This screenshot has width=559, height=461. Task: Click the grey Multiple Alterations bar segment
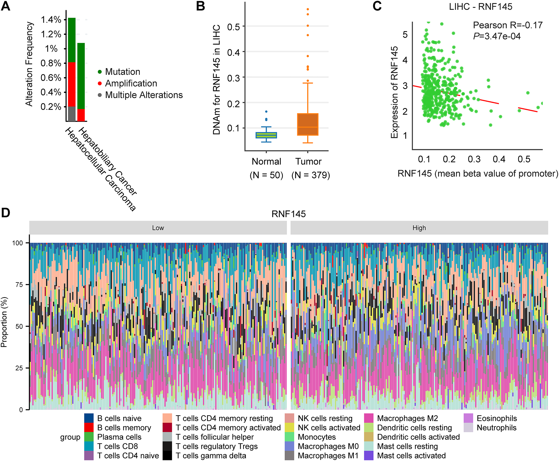pyautogui.click(x=72, y=114)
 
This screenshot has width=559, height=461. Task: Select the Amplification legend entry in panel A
pyautogui.click(x=131, y=83)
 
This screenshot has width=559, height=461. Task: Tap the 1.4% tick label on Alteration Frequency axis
pyautogui.click(x=51, y=20)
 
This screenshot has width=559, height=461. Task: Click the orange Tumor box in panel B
pyautogui.click(x=308, y=124)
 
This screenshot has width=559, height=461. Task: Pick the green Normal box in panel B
pyautogui.click(x=266, y=135)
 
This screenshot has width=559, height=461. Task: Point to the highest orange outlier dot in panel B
pyautogui.click(x=308, y=9)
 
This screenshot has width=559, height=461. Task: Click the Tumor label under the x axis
pyautogui.click(x=308, y=161)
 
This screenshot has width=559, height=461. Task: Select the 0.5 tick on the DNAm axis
pyautogui.click(x=233, y=27)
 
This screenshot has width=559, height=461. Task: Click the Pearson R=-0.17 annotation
pyautogui.click(x=507, y=25)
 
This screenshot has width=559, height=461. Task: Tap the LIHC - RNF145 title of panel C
pyautogui.click(x=480, y=6)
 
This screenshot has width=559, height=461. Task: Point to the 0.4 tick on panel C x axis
pyautogui.click(x=499, y=159)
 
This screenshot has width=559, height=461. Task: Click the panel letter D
pyautogui.click(x=6, y=213)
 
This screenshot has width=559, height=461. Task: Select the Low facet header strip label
pyautogui.click(x=158, y=228)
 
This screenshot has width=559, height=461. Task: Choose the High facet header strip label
pyautogui.click(x=419, y=228)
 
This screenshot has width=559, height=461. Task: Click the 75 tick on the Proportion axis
pyautogui.click(x=19, y=285)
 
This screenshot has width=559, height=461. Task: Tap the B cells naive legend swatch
pyautogui.click(x=89, y=418)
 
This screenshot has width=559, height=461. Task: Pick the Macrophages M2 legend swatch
pyautogui.click(x=369, y=418)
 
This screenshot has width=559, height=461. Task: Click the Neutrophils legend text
pyautogui.click(x=496, y=428)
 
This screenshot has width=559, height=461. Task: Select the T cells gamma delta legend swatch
pyautogui.click(x=167, y=456)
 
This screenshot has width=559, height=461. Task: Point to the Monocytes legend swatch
pyautogui.click(x=290, y=437)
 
